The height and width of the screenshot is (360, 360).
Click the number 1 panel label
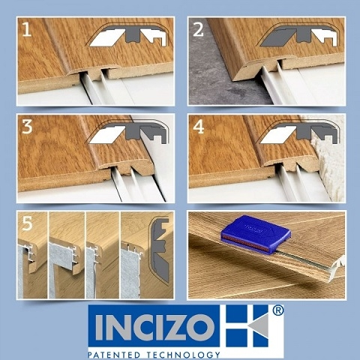(27, 29)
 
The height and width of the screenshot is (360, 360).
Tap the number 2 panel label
(198, 29)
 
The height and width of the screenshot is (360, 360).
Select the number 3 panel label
(27, 127)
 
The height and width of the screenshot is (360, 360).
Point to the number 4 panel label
(199, 127)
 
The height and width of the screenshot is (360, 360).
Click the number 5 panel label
(27, 223)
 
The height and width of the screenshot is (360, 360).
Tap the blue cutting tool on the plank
(256, 235)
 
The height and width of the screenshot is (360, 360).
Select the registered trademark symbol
(277, 310)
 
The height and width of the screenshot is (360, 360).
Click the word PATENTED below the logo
(114, 355)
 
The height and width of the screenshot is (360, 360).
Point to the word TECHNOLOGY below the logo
(183, 355)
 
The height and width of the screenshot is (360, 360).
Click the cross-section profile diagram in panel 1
(128, 36)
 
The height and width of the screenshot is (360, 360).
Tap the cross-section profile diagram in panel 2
(298, 36)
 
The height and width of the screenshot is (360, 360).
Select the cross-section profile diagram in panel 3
(128, 132)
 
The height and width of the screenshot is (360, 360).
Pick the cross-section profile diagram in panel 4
(298, 132)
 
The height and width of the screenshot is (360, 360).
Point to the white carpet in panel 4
(330, 160)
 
